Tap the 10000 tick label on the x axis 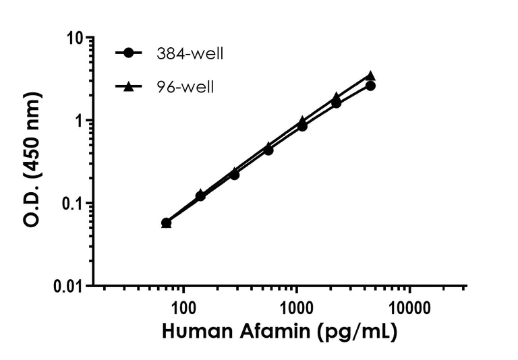point(409,309)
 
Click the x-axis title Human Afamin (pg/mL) point(279,332)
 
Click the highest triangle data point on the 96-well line point(370,76)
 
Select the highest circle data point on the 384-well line point(370,86)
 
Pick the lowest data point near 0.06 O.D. point(166,223)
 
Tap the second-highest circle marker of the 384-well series point(336,103)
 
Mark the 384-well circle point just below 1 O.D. point(302,126)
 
